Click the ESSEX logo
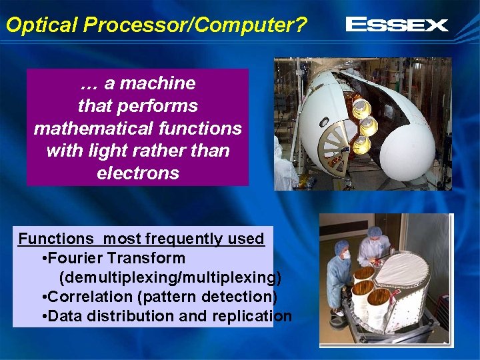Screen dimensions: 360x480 397,25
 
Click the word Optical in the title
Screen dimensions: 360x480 42,25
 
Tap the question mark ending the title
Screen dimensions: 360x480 301,25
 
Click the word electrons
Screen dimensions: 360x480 138,173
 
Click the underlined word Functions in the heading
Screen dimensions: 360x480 56,239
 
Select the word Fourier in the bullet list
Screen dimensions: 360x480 75,258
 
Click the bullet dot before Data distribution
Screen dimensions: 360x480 43,316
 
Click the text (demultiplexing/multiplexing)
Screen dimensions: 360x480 170,277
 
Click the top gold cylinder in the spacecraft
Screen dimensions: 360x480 361,107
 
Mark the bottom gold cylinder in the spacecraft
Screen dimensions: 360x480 361,143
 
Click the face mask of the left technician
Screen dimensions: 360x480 346,255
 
